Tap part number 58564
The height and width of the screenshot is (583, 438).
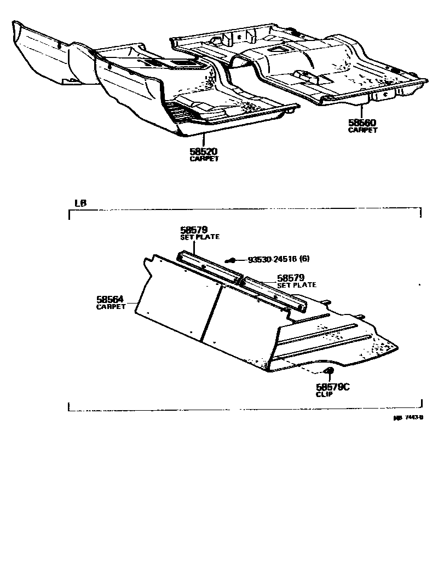point(111,299)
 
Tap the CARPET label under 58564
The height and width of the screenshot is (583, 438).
point(111,307)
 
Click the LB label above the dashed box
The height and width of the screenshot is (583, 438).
point(79,203)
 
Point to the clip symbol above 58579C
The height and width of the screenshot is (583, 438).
point(330,372)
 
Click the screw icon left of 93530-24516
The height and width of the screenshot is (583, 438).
point(232,261)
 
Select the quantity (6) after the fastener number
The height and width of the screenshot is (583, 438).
point(304,261)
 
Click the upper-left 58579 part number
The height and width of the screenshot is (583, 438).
point(192,230)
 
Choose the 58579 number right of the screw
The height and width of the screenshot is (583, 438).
point(291,278)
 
